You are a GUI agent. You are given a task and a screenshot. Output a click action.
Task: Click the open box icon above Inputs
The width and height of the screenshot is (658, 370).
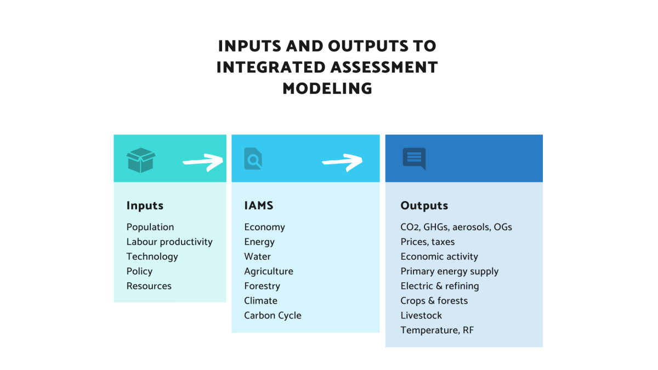(141, 160)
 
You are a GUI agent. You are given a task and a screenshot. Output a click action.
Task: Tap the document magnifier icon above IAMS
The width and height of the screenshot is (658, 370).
(253, 158)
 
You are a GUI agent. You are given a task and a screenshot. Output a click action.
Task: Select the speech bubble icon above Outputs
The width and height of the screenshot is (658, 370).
(414, 159)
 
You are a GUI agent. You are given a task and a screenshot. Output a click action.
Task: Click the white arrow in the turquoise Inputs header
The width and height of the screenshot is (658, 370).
(203, 162)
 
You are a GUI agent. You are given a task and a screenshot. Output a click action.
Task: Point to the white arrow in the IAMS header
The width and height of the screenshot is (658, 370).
(342, 162)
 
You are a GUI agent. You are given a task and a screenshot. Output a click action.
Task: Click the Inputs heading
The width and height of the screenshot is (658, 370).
(145, 206)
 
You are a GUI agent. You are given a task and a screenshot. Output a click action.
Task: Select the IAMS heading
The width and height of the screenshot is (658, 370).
(259, 206)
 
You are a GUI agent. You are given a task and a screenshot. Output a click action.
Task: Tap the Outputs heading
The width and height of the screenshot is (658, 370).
(424, 206)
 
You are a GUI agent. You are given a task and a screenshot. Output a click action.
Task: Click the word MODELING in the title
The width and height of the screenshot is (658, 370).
(327, 89)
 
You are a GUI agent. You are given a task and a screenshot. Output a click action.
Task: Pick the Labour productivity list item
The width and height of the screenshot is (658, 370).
(169, 242)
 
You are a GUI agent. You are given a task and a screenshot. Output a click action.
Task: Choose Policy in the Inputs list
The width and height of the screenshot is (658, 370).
(139, 271)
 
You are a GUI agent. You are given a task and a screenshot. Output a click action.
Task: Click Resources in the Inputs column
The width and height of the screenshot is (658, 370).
(149, 286)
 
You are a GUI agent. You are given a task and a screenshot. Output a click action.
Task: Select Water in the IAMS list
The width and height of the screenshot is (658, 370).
(257, 257)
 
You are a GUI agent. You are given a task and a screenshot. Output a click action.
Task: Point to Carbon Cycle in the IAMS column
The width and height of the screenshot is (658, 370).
(273, 315)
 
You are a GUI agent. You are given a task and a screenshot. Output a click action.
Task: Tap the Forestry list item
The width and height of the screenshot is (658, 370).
(262, 286)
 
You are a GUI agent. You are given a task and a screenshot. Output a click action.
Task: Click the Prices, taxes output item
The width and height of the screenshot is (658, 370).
(428, 242)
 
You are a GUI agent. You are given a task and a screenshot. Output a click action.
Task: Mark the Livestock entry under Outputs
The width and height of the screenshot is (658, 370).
(421, 315)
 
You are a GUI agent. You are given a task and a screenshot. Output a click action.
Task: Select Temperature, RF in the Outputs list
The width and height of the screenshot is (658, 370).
(438, 330)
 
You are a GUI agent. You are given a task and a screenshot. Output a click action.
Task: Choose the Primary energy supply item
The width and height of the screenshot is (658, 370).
(450, 271)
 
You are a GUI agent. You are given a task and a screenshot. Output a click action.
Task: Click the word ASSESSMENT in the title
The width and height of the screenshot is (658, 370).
(384, 67)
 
